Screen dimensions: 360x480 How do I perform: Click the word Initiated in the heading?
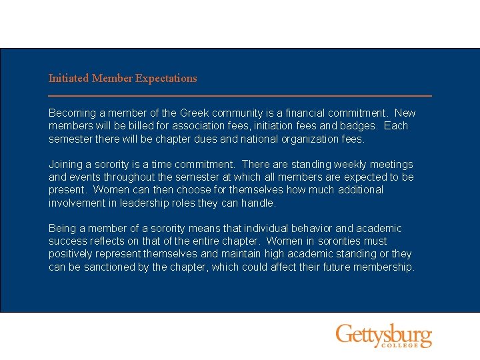[x=69, y=79]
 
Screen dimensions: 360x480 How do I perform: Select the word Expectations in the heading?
[x=166, y=79]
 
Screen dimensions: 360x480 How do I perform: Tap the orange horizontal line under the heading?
[x=240, y=96]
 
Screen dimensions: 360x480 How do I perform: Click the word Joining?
[x=65, y=164]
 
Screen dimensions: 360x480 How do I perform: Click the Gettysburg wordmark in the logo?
[x=383, y=333]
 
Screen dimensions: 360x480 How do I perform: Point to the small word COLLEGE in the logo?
[x=399, y=345]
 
